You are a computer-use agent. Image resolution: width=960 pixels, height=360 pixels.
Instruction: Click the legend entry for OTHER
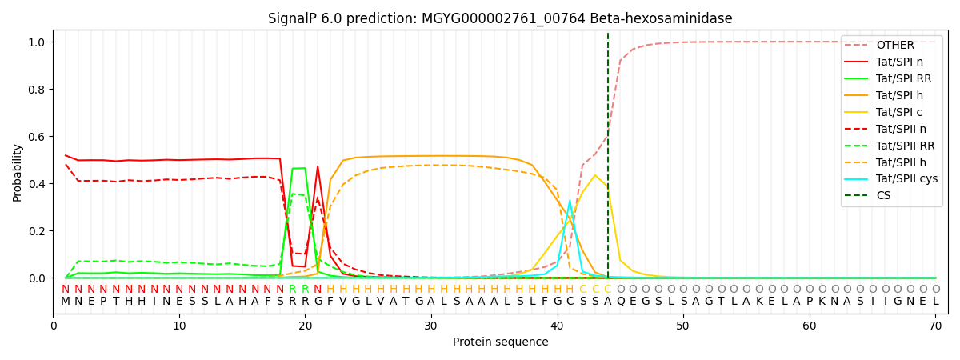[x=894, y=45]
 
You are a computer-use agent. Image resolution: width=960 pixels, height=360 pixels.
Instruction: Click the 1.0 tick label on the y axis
[x=38, y=42]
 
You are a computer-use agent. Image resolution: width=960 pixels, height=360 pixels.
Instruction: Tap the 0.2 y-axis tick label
[x=38, y=231]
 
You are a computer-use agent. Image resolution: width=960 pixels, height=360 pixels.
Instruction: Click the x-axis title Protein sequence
[x=500, y=342]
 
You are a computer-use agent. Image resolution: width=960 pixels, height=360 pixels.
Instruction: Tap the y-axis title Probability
[x=18, y=172]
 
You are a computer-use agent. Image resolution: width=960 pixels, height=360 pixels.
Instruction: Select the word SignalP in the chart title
[x=292, y=18]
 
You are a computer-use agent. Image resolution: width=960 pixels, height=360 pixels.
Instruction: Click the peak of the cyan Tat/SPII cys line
[x=570, y=201]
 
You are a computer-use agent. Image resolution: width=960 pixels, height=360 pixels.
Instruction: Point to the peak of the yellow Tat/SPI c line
[x=594, y=175]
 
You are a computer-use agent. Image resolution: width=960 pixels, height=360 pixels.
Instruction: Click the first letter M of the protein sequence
[x=66, y=302]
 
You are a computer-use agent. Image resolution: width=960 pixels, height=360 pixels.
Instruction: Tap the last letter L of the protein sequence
[x=935, y=302]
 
